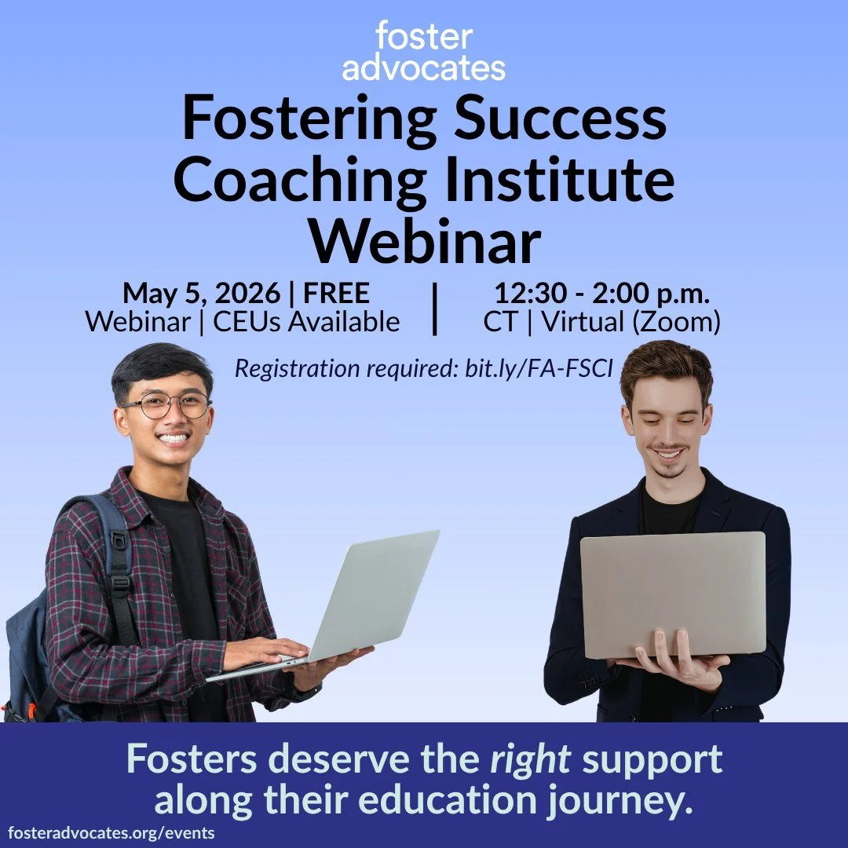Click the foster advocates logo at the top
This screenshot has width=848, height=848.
click(424, 51)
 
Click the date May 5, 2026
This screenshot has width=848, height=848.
click(201, 294)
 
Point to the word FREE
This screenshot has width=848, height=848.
click(336, 294)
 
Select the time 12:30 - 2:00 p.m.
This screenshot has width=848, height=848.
click(601, 294)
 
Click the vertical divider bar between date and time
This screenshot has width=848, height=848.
click(434, 308)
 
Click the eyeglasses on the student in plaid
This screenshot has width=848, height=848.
click(166, 405)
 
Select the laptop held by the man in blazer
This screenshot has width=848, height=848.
click(673, 594)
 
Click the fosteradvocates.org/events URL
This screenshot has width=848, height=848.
click(111, 833)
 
